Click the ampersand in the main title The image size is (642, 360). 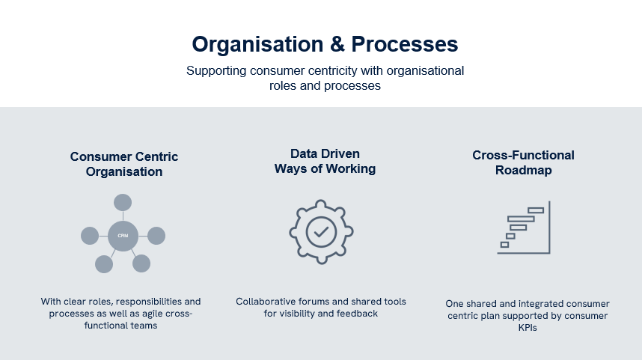click(337, 44)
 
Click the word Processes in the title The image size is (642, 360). click(405, 44)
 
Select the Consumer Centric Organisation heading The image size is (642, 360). click(124, 164)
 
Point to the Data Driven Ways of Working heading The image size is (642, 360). click(325, 161)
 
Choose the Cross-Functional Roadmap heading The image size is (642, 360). click(523, 162)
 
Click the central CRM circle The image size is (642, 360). click(123, 236)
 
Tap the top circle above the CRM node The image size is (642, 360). click(123, 203)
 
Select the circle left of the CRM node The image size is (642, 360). click(90, 236)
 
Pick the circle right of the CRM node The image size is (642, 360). click(156, 236)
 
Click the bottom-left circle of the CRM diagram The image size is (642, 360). click(104, 264)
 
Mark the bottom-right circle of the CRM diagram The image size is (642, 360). click(141, 263)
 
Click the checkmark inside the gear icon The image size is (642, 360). click(321, 232)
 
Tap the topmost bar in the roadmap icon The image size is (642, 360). click(536, 210)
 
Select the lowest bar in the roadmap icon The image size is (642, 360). click(504, 245)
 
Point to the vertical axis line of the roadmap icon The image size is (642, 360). click(549, 228)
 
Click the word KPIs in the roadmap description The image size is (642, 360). click(528, 328)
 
